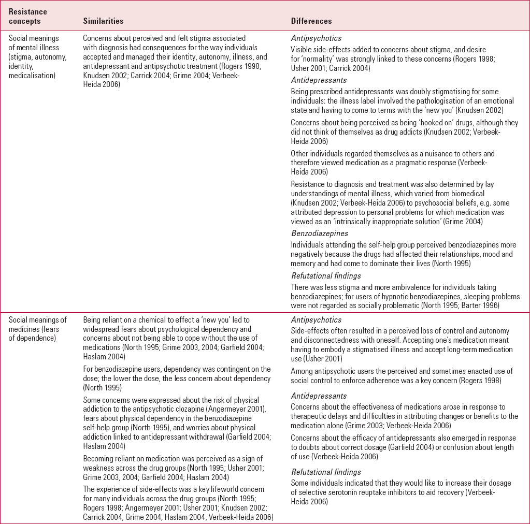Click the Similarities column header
tap(103, 21)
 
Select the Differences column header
tap(311, 21)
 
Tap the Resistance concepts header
tap(28, 17)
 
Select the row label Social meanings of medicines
tap(38, 324)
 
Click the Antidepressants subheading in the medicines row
tap(319, 396)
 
